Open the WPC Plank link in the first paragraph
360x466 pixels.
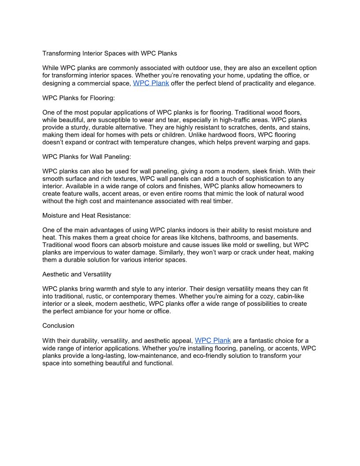[151, 83]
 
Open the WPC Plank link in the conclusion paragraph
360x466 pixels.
[213, 340]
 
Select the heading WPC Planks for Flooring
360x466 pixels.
[79, 98]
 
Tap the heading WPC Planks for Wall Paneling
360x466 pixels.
[86, 156]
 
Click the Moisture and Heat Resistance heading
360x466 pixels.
[86, 215]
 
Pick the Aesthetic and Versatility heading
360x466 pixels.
[77, 274]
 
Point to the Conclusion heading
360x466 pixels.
[58, 326]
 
